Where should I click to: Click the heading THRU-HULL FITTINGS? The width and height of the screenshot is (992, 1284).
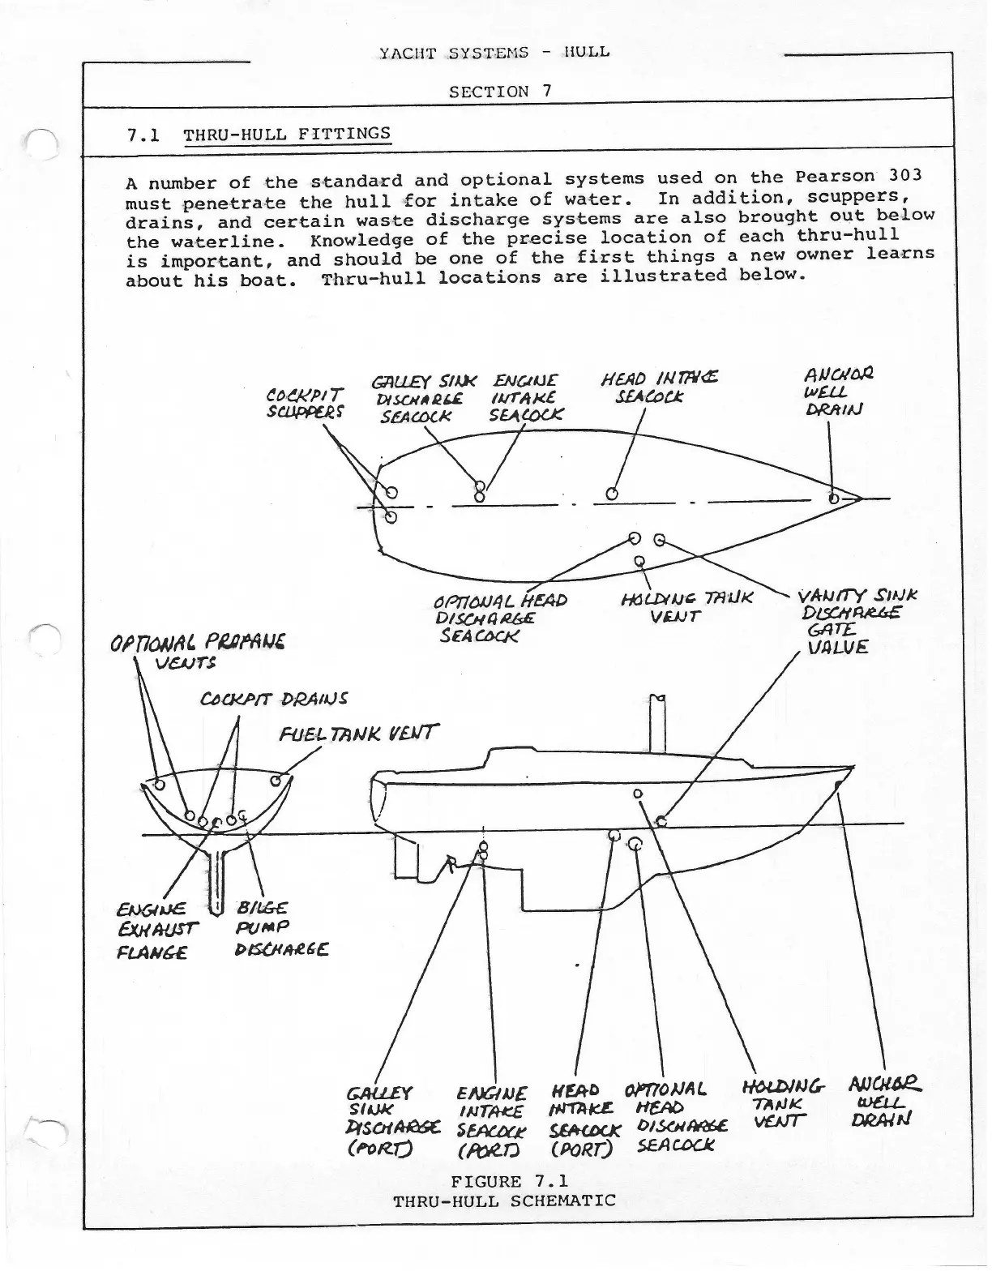(287, 134)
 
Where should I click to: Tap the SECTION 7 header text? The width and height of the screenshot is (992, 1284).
(500, 92)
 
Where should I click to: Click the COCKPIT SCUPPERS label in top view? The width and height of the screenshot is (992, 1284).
(305, 402)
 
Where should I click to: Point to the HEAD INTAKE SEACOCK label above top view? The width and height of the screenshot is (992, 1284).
(658, 387)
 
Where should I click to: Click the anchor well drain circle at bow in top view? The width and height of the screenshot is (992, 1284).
(833, 498)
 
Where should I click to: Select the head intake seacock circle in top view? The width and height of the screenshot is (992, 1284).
(612, 494)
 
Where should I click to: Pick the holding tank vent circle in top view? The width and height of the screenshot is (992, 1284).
(639, 560)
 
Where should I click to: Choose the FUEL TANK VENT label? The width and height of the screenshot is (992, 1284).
(358, 734)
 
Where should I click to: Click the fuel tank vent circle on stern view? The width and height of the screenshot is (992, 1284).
(276, 781)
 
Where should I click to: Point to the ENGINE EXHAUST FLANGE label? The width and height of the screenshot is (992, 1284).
(152, 931)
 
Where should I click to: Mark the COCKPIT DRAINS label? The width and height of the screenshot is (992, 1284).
(274, 699)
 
